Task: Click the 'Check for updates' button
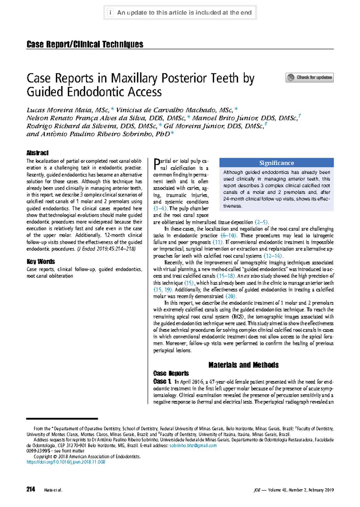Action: (x=309, y=77)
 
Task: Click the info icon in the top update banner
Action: (x=110, y=13)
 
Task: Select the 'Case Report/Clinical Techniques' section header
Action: (x=85, y=44)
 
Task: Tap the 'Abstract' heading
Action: (x=37, y=153)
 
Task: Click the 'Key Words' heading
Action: (x=41, y=261)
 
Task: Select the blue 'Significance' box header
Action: (x=276, y=163)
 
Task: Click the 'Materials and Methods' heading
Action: (x=243, y=365)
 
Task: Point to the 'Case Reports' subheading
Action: (x=171, y=373)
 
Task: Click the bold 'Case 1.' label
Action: (x=162, y=382)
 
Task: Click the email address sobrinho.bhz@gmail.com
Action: (x=193, y=445)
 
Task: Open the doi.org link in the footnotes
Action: (x=66, y=462)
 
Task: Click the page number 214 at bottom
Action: (x=31, y=489)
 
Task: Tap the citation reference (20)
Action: (x=230, y=296)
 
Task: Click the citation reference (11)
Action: (x=217, y=242)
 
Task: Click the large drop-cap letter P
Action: (x=156, y=164)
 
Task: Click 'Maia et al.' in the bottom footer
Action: (x=53, y=490)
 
